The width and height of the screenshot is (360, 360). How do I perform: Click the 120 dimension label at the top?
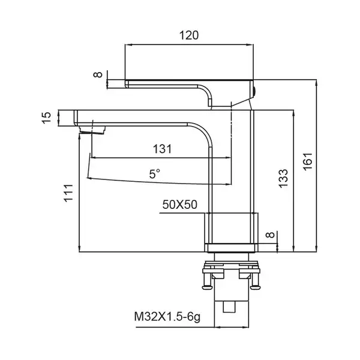pos(189,35)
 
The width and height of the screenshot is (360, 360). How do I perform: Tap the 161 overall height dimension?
pos(308,161)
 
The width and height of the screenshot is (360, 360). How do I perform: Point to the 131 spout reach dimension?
pos(163,149)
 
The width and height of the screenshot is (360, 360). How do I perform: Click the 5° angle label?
pos(155,174)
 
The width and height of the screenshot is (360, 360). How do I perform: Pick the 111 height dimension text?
pos(68,193)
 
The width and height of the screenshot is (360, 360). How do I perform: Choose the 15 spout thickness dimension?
pos(46,118)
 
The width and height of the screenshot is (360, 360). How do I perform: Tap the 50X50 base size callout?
pos(180,205)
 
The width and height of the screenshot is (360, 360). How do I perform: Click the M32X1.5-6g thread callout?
pos(167,317)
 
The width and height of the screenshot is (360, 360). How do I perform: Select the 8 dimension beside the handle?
pos(98,74)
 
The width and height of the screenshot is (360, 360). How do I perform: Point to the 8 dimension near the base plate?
pos(270,235)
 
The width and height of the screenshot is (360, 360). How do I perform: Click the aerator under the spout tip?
pos(92,130)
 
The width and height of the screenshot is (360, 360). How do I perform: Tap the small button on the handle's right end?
pos(254,91)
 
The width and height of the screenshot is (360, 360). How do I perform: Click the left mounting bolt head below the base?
pos(208,287)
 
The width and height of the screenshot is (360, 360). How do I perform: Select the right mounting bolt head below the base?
pos(255,287)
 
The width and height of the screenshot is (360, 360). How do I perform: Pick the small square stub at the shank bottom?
pos(230,307)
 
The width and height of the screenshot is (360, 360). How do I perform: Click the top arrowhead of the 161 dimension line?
pos(317,83)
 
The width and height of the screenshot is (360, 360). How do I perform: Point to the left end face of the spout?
pos(75,118)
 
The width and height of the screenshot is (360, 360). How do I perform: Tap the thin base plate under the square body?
pos(231,248)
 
